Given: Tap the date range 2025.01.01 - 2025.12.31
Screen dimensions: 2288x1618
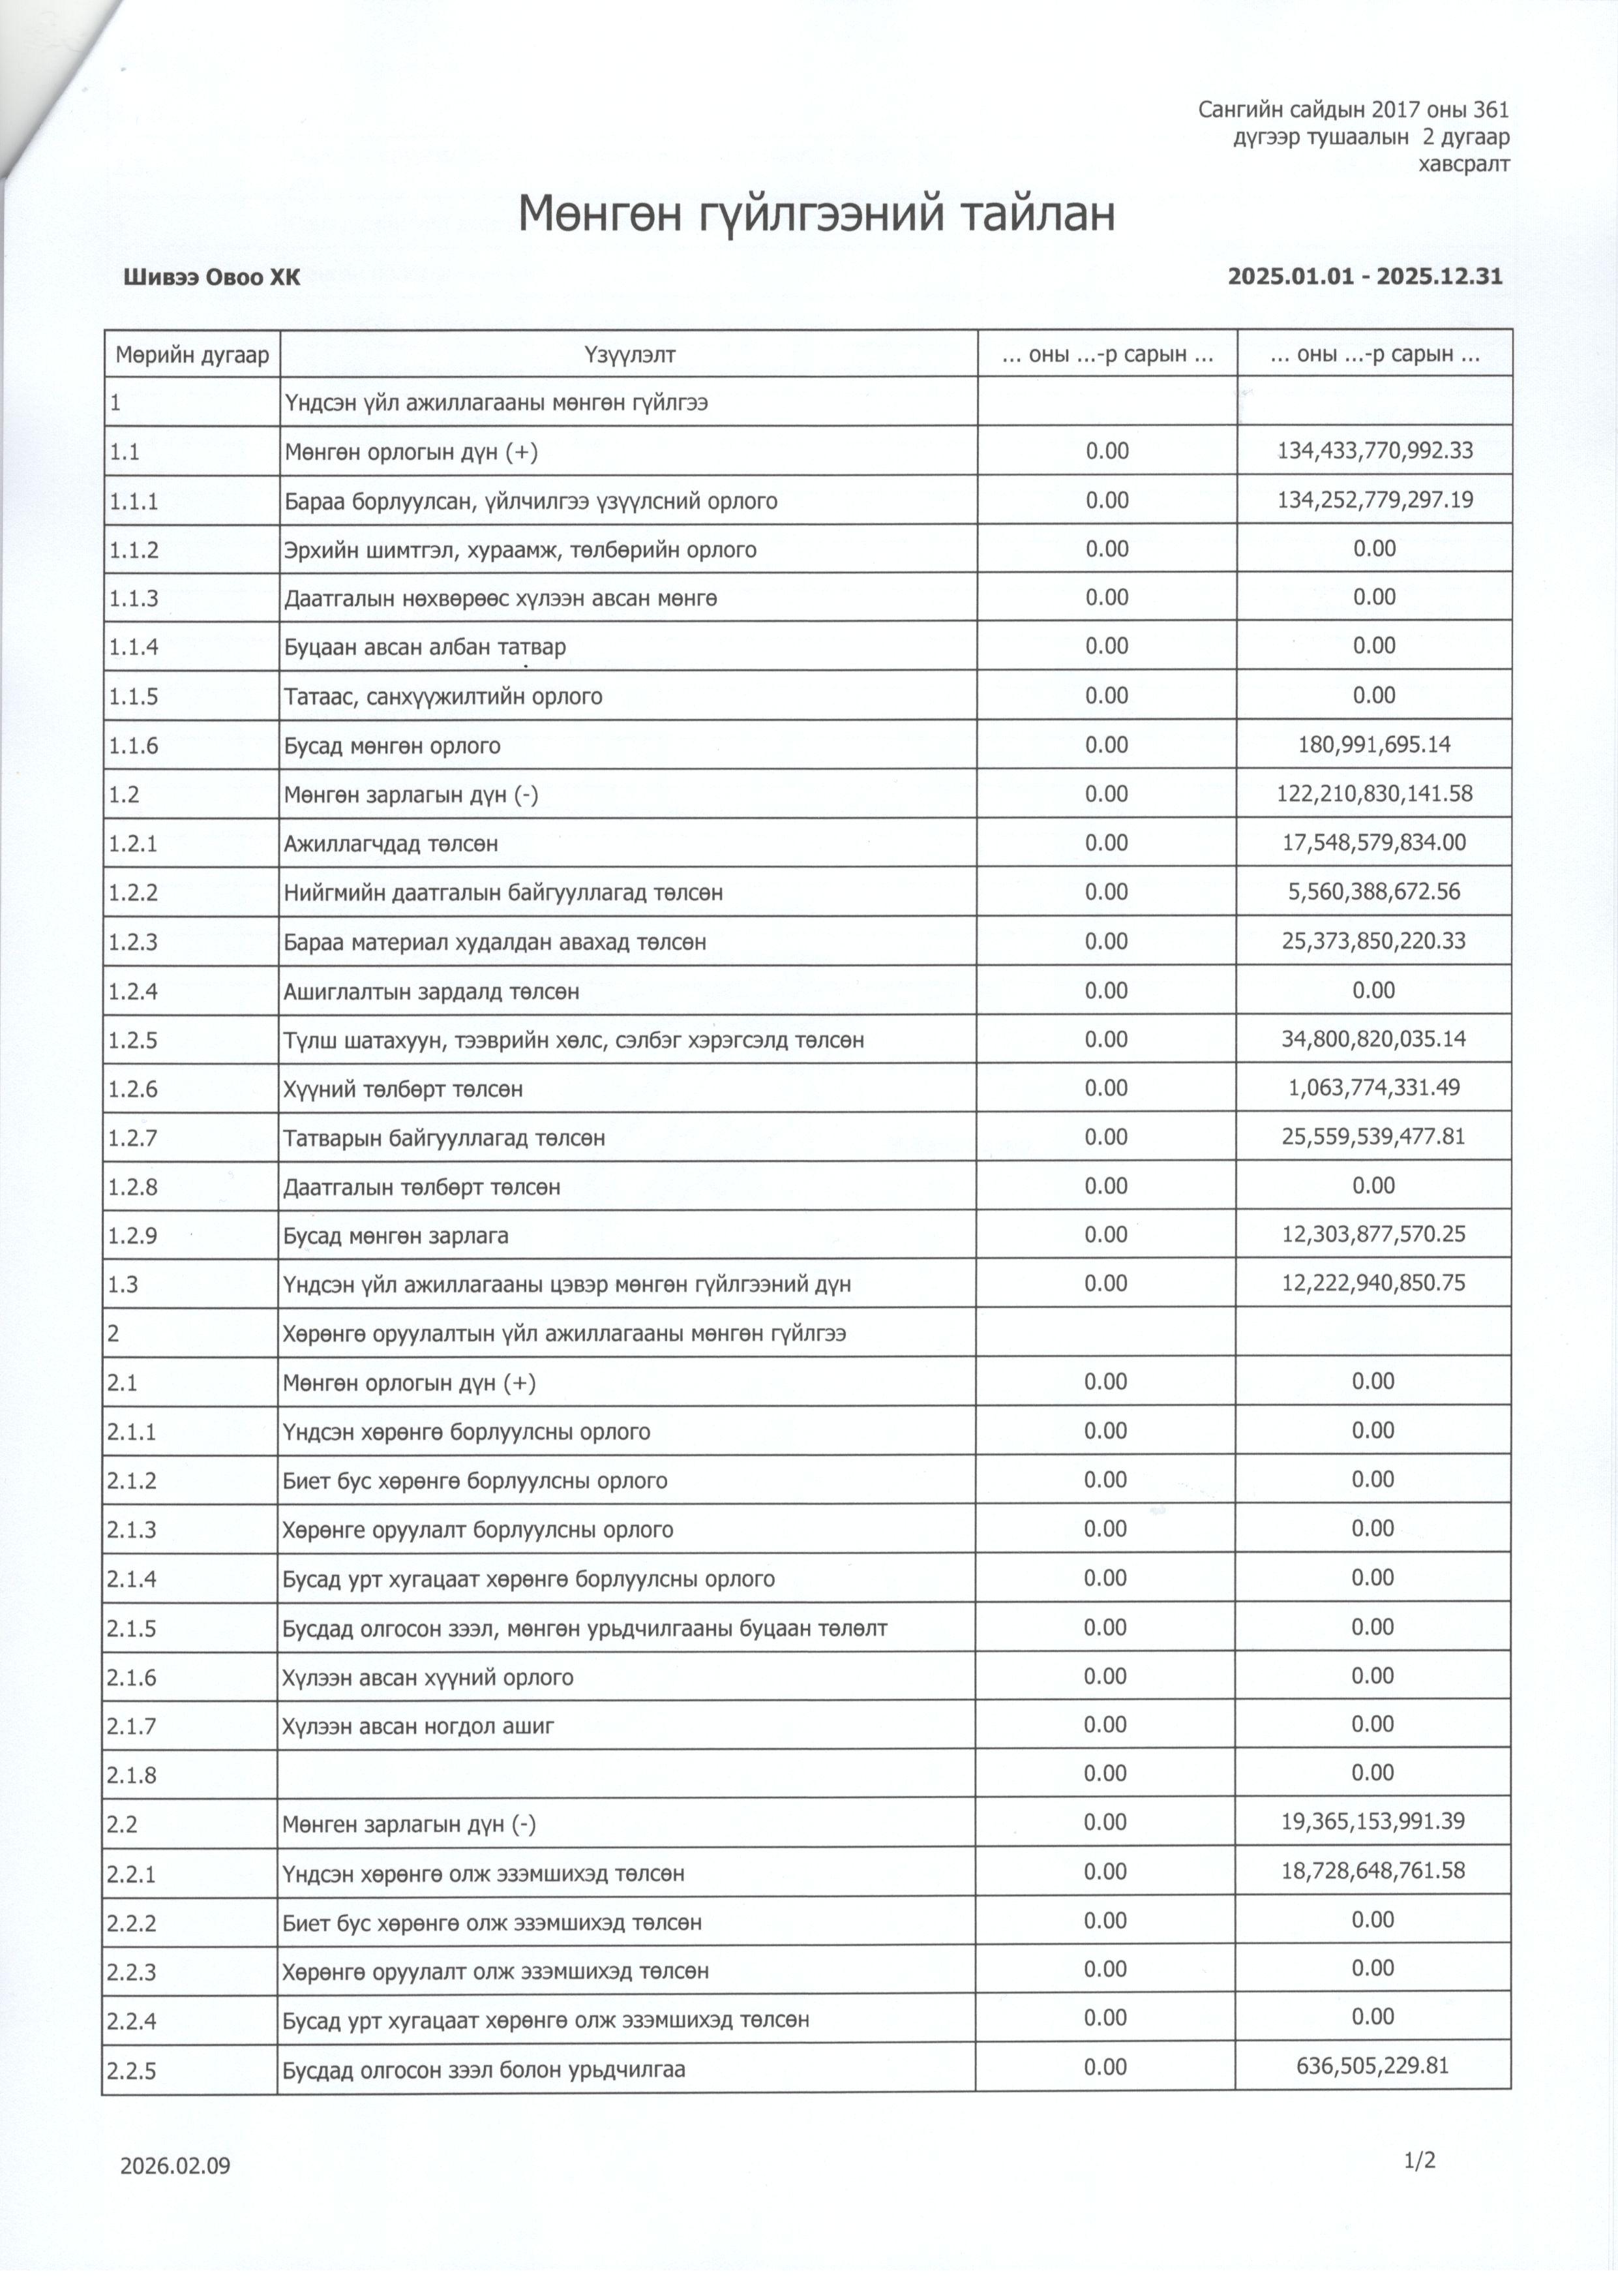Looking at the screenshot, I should (x=1365, y=276).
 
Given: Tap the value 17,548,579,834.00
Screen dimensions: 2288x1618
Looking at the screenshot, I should (x=1375, y=843).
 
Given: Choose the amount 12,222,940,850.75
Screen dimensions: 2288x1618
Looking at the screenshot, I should (x=1374, y=1283).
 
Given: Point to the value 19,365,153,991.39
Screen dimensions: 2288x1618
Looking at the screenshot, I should (x=1374, y=1823).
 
